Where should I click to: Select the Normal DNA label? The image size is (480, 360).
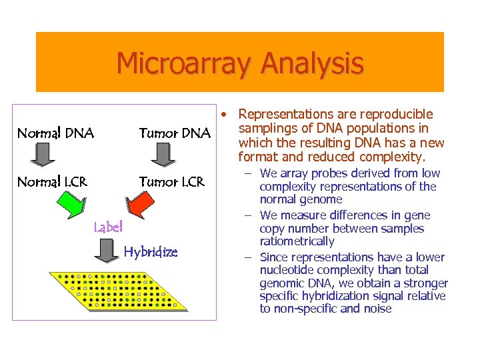point(55,133)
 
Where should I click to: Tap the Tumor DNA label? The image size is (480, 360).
point(174,133)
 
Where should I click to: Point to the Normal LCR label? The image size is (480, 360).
point(52,182)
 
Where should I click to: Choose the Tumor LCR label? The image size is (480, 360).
point(171,182)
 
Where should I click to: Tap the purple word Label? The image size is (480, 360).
point(108,227)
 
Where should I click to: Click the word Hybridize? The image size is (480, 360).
point(151,252)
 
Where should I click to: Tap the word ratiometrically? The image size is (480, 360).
point(297,241)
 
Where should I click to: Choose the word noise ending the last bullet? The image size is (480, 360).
point(376,309)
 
